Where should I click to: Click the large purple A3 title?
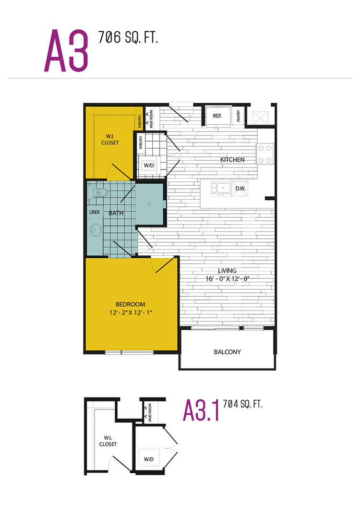tap(66, 50)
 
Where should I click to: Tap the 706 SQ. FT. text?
tap(128, 37)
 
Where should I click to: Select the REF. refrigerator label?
tap(217, 116)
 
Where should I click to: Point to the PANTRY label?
tap(239, 116)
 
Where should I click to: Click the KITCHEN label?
tap(232, 160)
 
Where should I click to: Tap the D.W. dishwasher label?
tap(240, 189)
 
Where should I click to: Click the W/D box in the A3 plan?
tap(149, 166)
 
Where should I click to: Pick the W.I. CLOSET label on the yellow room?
tap(110, 139)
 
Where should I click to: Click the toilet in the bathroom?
tap(97, 192)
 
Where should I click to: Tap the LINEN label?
tap(94, 212)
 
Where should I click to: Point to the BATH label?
tap(116, 213)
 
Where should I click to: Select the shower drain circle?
tap(149, 204)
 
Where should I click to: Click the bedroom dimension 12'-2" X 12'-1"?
tap(131, 312)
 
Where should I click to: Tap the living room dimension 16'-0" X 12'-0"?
tap(228, 278)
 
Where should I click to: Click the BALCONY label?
tap(228, 352)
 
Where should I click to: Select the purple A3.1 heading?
tap(201, 410)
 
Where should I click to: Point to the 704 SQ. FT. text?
tap(243, 404)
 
